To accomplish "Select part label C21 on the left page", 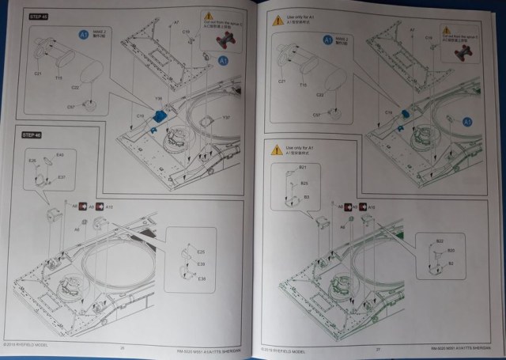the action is pos(38,73).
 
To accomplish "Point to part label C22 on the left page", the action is pos(75,87).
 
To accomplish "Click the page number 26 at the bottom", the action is pos(123,346).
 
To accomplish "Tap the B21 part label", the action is pos(302,168).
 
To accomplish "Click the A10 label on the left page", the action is pos(110,206).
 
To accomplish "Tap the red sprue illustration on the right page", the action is pos(466,49).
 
